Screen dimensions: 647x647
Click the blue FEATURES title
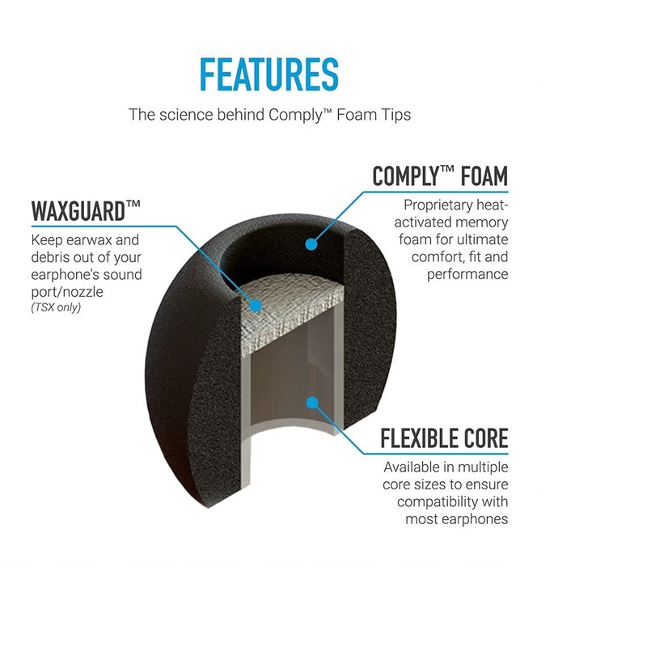click(x=269, y=74)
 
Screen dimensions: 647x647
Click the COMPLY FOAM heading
click(x=440, y=175)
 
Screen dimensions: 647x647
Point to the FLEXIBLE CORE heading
click(x=444, y=438)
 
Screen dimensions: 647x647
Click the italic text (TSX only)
click(x=56, y=307)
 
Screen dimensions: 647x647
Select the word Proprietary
click(x=440, y=205)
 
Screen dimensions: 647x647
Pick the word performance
click(x=467, y=274)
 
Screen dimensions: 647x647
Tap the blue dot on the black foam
click(x=311, y=243)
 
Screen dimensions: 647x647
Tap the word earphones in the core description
click(x=472, y=518)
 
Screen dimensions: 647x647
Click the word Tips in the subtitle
click(x=394, y=115)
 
